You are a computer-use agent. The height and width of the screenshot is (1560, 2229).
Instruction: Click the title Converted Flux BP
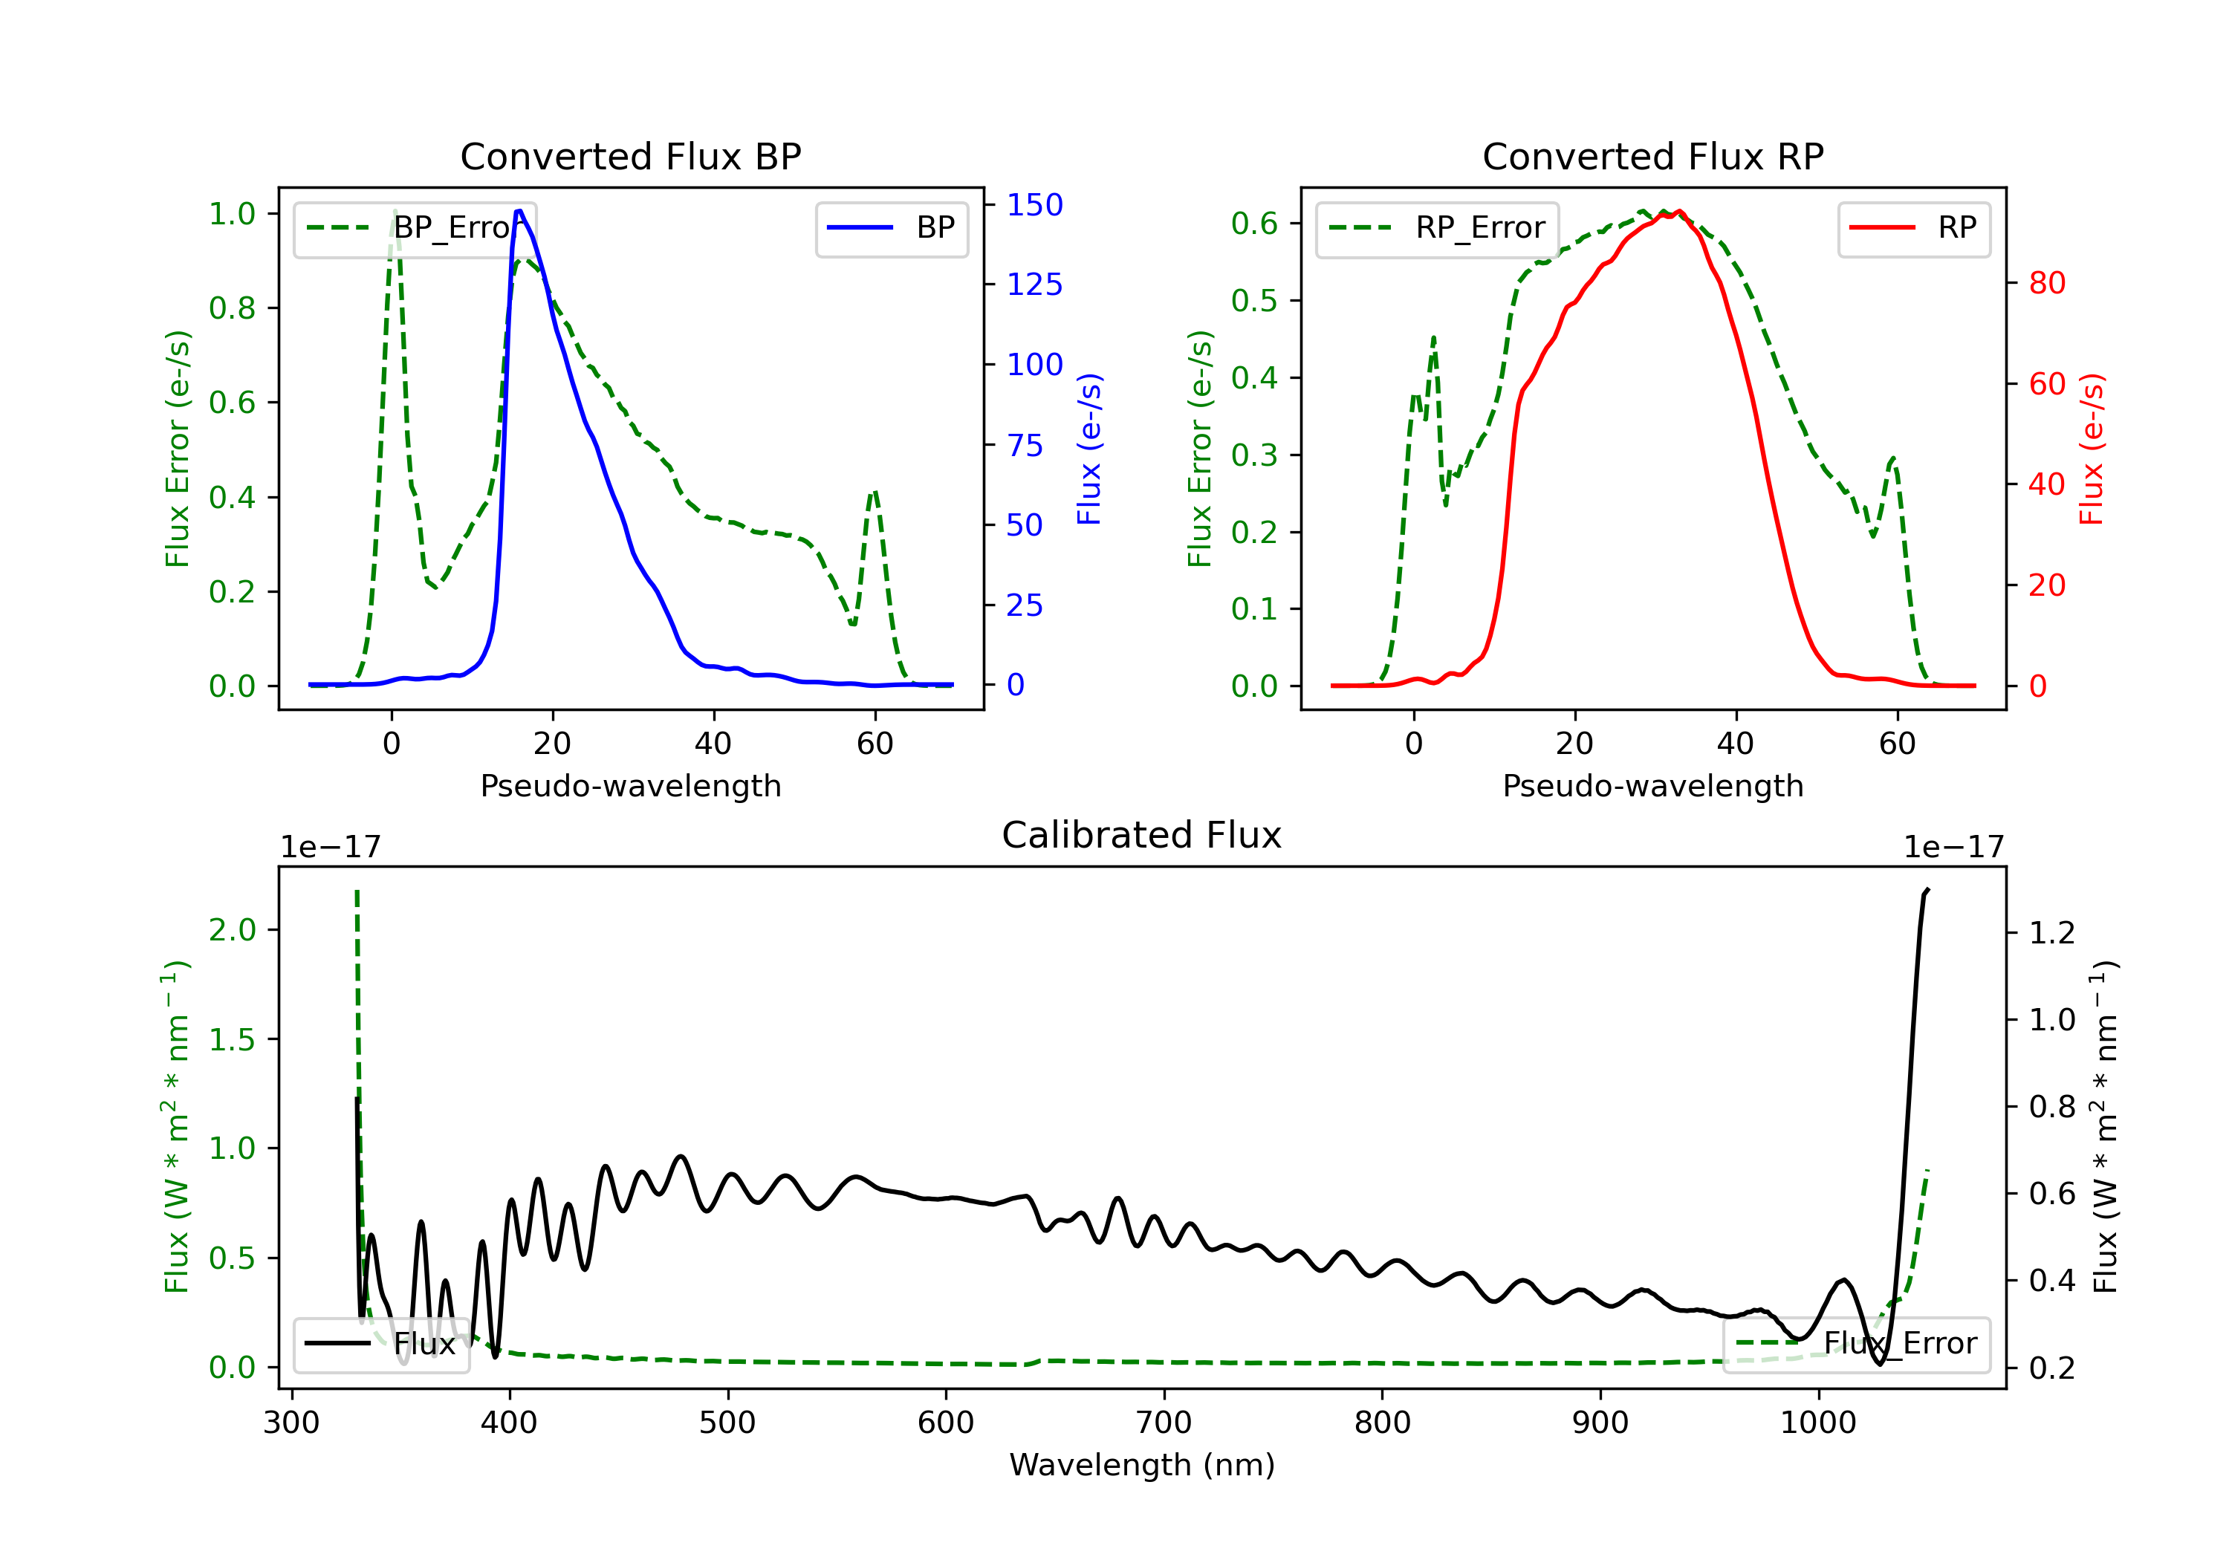point(630,156)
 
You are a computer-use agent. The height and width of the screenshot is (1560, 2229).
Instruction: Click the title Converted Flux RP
point(1652,156)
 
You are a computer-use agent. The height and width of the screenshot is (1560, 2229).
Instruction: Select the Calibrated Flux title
point(1142,835)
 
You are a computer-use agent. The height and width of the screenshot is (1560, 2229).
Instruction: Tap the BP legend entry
point(891,228)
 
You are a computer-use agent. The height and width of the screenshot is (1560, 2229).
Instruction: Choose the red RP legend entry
point(1913,228)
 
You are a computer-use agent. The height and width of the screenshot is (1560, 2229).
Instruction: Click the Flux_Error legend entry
point(1856,1344)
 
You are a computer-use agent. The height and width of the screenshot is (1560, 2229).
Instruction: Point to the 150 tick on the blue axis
point(1034,205)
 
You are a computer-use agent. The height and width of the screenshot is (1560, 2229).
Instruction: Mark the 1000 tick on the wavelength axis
point(1817,1423)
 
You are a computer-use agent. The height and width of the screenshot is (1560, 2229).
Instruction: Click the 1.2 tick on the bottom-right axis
point(2052,933)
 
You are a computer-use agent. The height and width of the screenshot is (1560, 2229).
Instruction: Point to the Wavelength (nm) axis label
point(1142,1465)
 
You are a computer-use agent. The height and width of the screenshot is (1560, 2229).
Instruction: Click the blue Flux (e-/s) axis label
point(1089,449)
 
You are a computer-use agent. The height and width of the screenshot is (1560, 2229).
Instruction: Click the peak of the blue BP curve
point(519,211)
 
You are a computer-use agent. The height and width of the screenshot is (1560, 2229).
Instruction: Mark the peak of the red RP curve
point(1678,211)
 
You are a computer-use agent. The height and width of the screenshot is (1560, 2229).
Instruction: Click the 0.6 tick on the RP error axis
point(1254,224)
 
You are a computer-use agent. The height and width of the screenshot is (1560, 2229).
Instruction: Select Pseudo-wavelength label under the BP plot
point(631,785)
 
